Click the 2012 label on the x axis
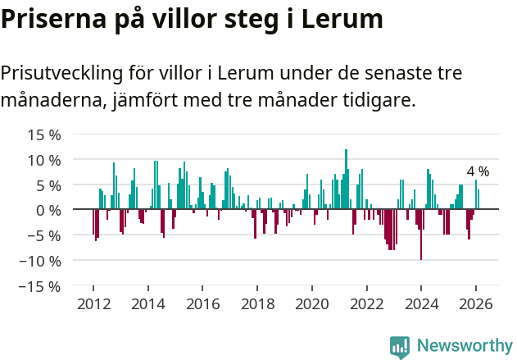click(93, 303)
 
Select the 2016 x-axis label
click(202, 303)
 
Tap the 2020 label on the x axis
click(311, 303)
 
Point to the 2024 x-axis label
click(421, 303)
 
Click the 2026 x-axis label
click(475, 303)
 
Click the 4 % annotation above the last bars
click(478, 171)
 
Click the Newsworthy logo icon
click(400, 346)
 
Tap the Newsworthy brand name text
click(464, 346)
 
